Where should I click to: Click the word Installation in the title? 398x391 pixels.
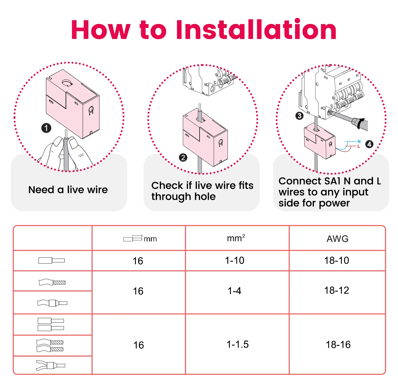(x=256, y=30)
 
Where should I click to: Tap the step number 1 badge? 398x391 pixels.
(x=46, y=128)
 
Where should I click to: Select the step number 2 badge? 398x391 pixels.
(x=183, y=158)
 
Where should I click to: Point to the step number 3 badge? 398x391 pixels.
(x=299, y=116)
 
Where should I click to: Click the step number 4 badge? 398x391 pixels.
(x=369, y=144)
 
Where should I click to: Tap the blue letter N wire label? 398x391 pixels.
(x=359, y=142)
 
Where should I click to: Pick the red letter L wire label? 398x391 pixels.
(x=359, y=146)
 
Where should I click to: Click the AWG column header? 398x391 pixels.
(x=337, y=239)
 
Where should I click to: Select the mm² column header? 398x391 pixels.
(x=236, y=238)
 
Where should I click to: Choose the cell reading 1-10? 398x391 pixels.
(x=235, y=260)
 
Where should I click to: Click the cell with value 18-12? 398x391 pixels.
(x=336, y=290)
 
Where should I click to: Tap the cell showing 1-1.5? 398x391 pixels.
(x=237, y=344)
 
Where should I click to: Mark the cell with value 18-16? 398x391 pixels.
(x=338, y=345)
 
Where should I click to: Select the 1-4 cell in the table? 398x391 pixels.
(x=234, y=291)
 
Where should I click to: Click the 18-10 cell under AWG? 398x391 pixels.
(x=336, y=260)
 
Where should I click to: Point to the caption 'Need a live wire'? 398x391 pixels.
(x=68, y=190)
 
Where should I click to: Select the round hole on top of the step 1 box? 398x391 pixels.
(x=67, y=83)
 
